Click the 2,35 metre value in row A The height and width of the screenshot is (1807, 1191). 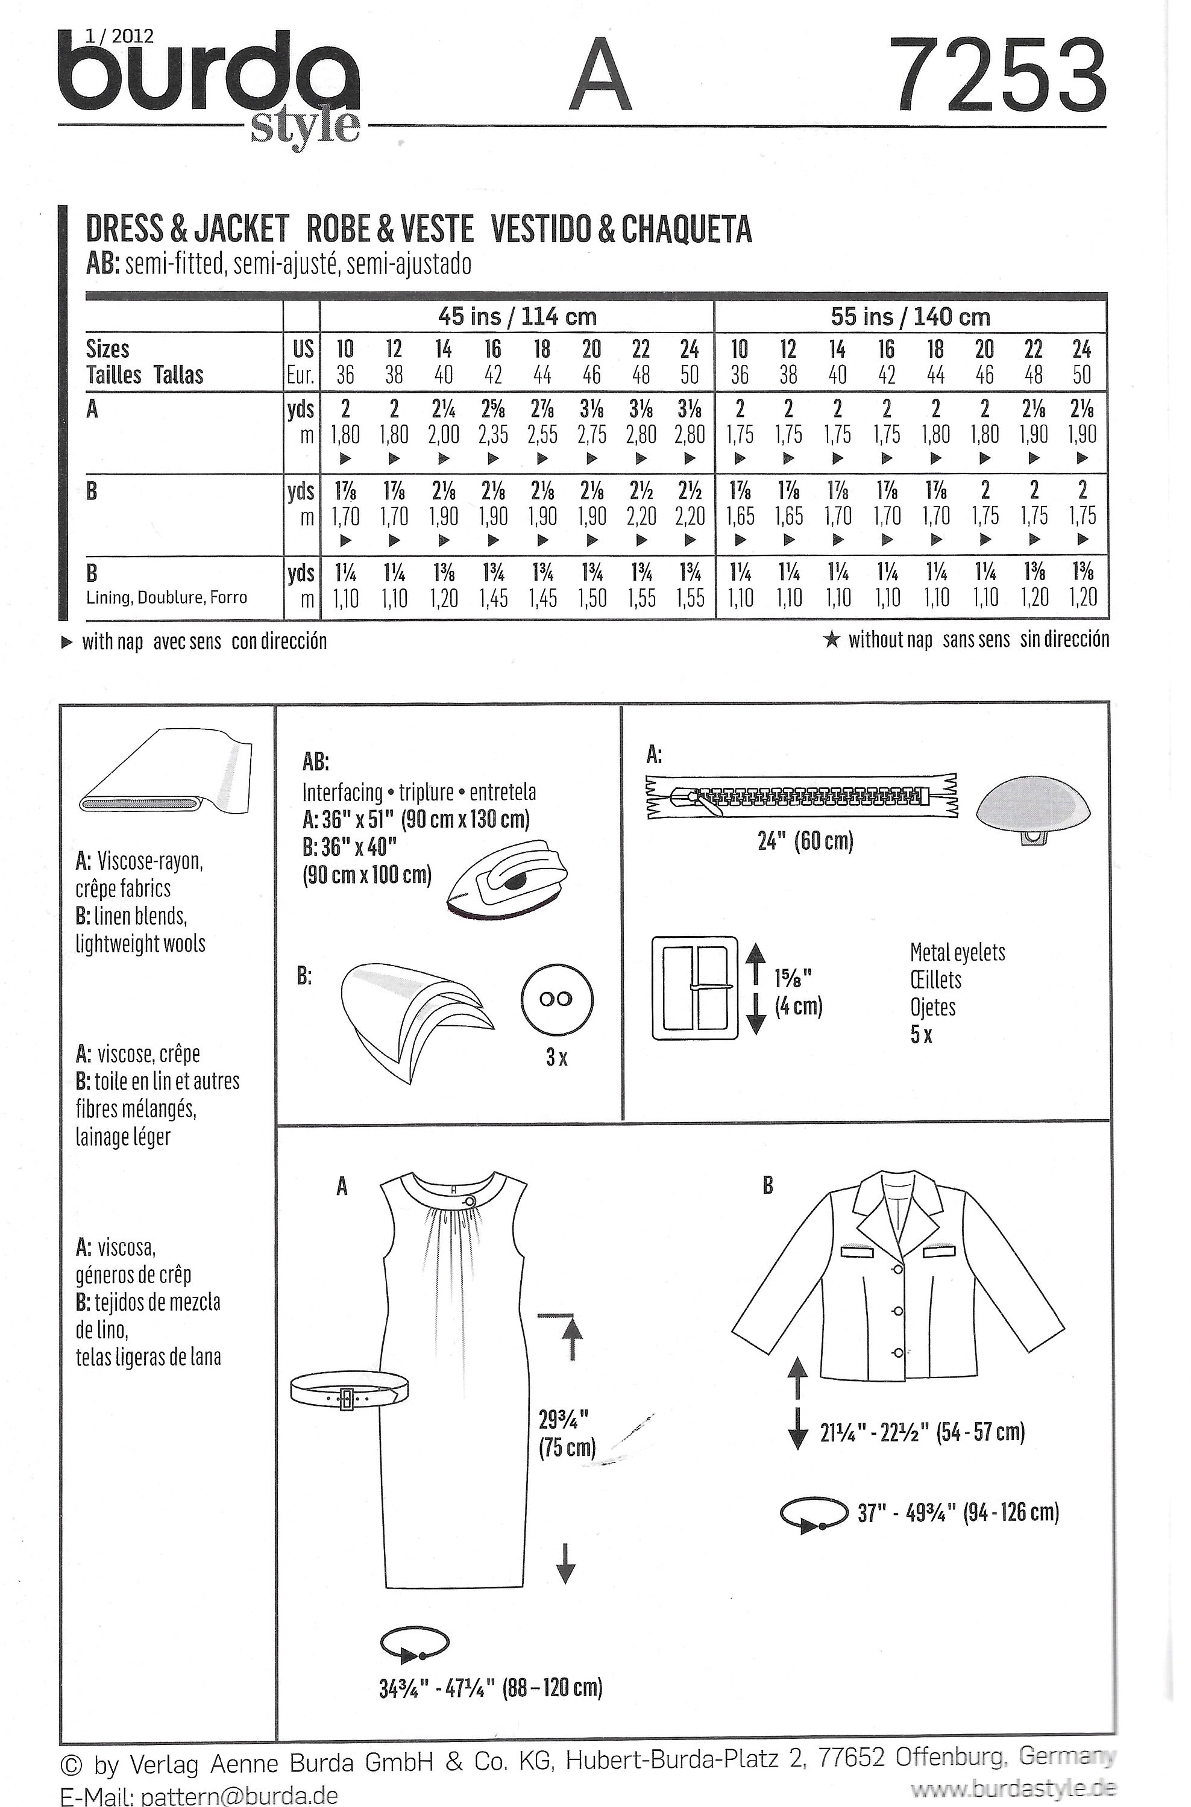(493, 435)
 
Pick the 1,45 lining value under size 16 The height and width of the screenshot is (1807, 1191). (493, 598)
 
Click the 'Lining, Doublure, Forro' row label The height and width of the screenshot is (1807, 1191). (166, 598)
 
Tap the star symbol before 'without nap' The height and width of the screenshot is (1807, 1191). (832, 640)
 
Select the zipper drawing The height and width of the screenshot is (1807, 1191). (802, 796)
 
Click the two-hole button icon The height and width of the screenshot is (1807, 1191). (557, 1000)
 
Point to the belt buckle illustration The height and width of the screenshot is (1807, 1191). (695, 988)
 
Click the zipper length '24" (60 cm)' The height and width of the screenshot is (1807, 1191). (805, 841)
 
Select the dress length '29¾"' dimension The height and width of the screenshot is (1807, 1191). (564, 1418)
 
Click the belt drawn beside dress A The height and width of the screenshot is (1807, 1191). (348, 1394)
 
